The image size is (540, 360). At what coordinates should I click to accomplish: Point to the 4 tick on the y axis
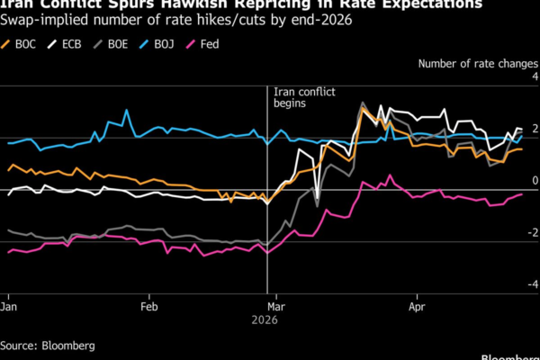coord(534,77)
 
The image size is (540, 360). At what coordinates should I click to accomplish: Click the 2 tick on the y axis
coord(534,129)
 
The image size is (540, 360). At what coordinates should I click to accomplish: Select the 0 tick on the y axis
coord(534,181)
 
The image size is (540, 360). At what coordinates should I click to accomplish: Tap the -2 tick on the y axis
coord(532,232)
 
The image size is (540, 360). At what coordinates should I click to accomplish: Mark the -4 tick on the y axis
coord(532,284)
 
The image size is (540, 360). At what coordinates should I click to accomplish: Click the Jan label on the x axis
coord(9,305)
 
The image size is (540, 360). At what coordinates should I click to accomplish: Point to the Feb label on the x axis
coord(150,305)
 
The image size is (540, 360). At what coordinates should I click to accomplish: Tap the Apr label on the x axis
coord(417,305)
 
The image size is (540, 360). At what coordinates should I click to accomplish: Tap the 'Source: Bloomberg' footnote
coord(47,345)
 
